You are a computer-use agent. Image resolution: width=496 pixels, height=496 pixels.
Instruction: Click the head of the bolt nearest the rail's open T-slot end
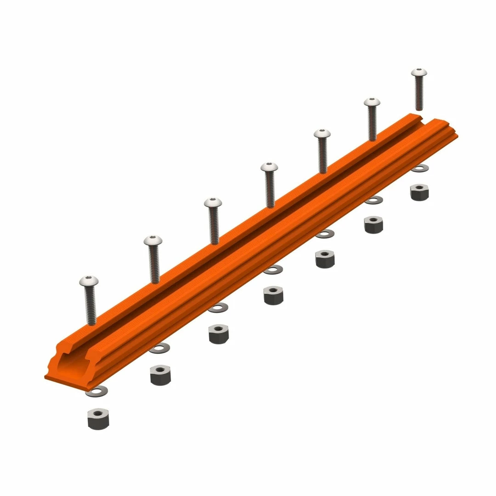tap(89, 281)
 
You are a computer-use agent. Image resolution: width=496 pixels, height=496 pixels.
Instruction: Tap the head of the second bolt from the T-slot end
tap(153, 241)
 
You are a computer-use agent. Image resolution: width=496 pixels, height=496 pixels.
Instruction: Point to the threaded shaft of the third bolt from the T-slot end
tap(214, 225)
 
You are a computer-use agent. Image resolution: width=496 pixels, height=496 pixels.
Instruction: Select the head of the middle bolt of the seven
tap(269, 167)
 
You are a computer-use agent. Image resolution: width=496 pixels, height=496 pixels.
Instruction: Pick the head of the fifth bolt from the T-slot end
tap(322, 133)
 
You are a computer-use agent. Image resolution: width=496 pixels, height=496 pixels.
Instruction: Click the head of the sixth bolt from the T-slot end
tap(372, 101)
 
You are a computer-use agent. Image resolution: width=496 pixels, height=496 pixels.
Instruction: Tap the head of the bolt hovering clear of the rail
tap(419, 73)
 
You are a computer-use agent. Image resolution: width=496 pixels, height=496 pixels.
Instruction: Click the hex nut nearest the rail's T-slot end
tap(98, 419)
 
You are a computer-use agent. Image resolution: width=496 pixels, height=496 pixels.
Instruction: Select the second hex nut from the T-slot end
tap(160, 375)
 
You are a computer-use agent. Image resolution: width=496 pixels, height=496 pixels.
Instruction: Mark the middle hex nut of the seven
tap(273, 295)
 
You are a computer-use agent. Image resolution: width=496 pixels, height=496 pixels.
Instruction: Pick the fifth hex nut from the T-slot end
tap(325, 259)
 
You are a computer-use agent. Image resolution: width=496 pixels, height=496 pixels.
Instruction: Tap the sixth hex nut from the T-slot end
tap(373, 225)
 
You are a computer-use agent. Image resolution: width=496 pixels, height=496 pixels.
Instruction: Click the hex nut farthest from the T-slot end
tap(419, 192)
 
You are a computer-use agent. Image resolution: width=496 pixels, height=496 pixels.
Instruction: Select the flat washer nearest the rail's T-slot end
tap(97, 391)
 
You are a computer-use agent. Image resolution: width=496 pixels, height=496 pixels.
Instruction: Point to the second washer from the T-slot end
tap(159, 349)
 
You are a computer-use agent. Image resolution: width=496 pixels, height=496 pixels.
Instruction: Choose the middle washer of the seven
tap(273, 270)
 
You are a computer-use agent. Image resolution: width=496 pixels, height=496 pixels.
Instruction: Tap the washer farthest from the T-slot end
tap(419, 169)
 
